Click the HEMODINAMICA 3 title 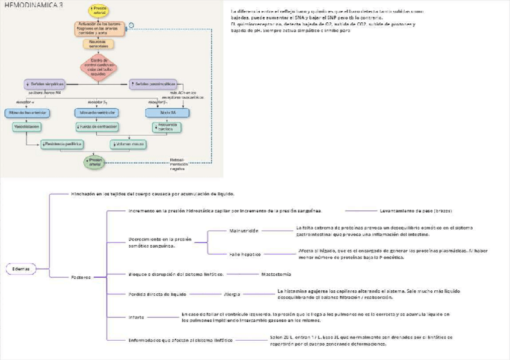click(33, 5)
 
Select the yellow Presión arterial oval click(100, 10)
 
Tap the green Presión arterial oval click(95, 161)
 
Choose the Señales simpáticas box click(46, 84)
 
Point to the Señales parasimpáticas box click(153, 84)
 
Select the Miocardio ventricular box click(97, 112)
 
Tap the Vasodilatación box click(26, 127)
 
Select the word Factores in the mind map click(81, 277)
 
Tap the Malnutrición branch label click(244, 231)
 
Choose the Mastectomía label click(276, 274)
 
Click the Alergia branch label click(233, 294)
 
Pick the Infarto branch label click(136, 317)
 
